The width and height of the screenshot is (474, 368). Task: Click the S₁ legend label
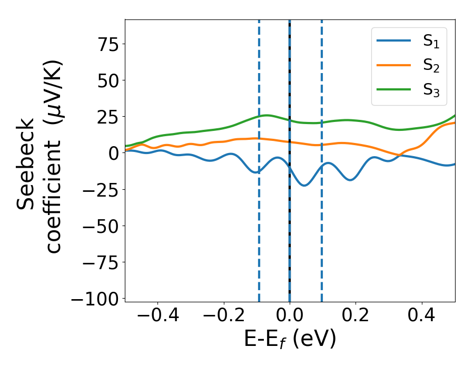pyautogui.click(x=431, y=42)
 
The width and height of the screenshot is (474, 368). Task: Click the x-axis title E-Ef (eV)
pyautogui.click(x=290, y=340)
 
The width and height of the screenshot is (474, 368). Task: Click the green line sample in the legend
pyautogui.click(x=394, y=89)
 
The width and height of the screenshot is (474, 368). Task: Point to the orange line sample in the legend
pyautogui.click(x=394, y=66)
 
